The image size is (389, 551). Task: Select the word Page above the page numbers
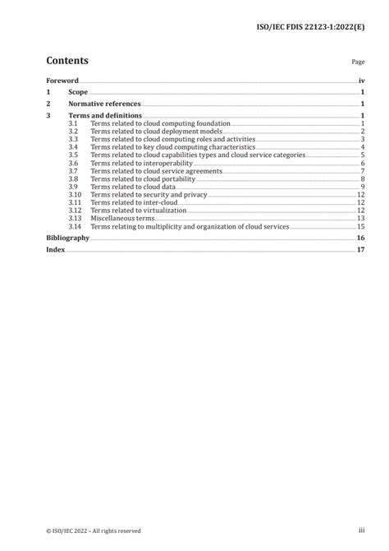point(358,62)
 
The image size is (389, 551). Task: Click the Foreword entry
point(62,81)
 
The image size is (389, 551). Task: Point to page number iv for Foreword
point(361,81)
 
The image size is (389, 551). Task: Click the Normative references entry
point(104,104)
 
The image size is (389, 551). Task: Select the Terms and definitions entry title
point(104,116)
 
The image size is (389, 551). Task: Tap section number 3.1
point(73,123)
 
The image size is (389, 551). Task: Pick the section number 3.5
point(73,155)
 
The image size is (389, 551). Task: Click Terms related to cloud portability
point(142,178)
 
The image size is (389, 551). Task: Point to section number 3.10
point(75,194)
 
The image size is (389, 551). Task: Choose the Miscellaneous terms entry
point(122,218)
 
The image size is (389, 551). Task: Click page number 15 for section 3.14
point(360,226)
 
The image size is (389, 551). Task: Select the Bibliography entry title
point(66,238)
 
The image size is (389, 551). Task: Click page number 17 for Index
point(360,249)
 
